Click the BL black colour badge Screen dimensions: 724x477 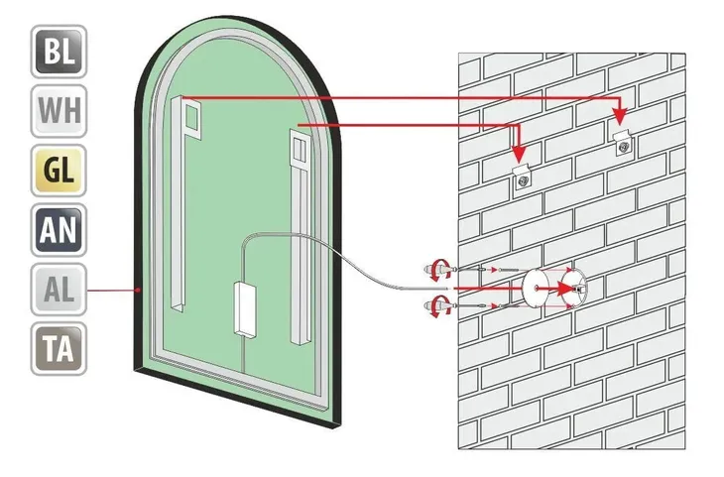point(59,52)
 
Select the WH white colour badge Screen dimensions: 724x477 point(59,111)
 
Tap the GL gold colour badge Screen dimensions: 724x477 point(59,171)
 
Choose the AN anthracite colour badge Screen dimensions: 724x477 point(59,230)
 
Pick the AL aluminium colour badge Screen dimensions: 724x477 point(59,290)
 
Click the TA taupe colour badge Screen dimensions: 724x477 point(59,349)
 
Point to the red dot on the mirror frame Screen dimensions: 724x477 point(138,290)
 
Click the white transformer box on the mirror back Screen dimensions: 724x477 point(245,309)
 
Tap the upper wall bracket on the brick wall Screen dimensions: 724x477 point(624,143)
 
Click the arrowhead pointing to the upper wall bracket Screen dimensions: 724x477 point(620,116)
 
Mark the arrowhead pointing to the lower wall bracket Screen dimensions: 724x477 point(520,154)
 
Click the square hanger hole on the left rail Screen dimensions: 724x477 point(191,117)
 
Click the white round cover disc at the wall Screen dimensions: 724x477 point(536,288)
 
